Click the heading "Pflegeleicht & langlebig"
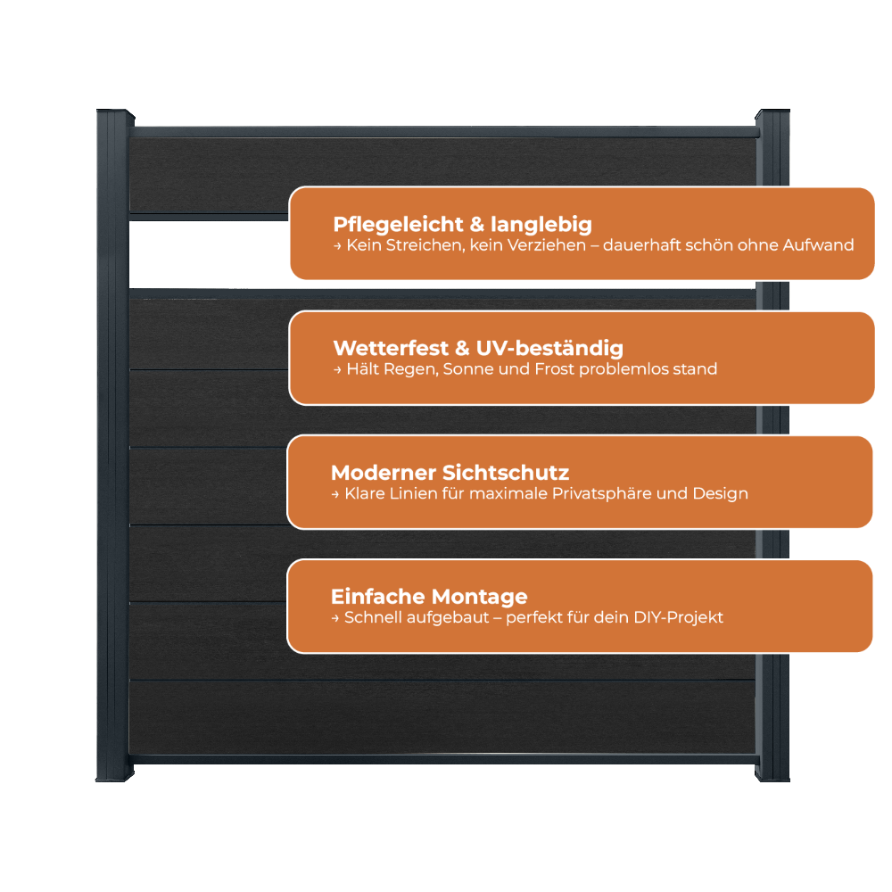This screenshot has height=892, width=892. pos(462,225)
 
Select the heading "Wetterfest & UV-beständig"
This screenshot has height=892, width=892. pos(478,348)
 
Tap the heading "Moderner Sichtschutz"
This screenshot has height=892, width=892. pos(450,473)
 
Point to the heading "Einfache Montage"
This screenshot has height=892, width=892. pos(429,597)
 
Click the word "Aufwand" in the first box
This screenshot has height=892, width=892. pos(818,245)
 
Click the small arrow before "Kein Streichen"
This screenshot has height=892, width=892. pos(337,246)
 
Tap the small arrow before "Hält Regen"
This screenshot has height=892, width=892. pos(337,370)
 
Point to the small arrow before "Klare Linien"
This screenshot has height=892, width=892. pos(335,495)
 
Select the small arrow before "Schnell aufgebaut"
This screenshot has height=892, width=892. pos(335,618)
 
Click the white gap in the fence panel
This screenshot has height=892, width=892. pos(209,254)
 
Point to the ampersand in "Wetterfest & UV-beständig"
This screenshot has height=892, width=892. pos(462,349)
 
